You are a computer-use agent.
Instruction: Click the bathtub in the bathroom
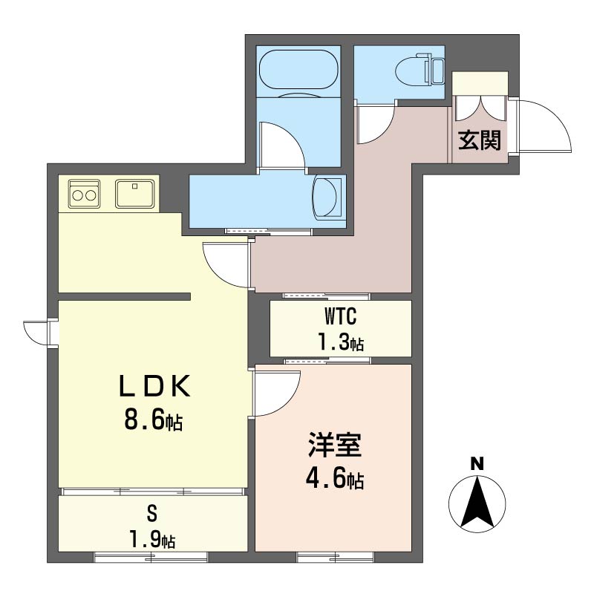[298, 70]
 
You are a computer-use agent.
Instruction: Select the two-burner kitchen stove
[85, 194]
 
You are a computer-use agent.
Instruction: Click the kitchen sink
[135, 194]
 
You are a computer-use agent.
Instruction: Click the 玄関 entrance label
[480, 140]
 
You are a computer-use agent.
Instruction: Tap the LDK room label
[154, 386]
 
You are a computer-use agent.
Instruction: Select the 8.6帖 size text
[154, 420]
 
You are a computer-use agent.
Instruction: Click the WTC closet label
[341, 317]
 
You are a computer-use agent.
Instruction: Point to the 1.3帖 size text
[341, 343]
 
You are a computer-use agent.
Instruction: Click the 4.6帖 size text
[335, 480]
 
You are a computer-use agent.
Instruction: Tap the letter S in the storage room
[152, 514]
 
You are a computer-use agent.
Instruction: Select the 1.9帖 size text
[152, 540]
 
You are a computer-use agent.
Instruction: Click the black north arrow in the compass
[477, 503]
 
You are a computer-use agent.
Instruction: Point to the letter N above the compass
[477, 464]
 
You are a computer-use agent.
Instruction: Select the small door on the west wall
[36, 333]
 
